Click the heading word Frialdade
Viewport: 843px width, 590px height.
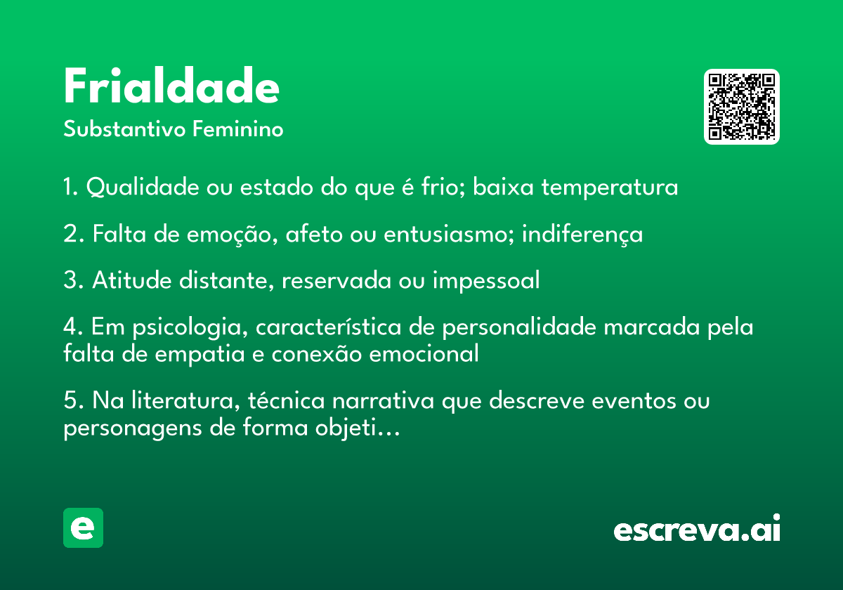point(171,86)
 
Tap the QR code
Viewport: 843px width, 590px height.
point(741,107)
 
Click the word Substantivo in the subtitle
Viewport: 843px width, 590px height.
point(124,129)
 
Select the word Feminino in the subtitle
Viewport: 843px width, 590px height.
point(238,129)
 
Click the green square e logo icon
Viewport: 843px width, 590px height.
point(83,527)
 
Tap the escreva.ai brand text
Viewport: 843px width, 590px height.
point(697,528)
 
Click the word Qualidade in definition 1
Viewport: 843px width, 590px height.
point(143,187)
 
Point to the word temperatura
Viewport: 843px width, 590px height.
point(610,188)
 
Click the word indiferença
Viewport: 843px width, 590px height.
point(582,234)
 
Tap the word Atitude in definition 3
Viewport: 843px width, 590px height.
point(132,280)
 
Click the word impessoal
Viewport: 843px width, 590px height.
point(486,281)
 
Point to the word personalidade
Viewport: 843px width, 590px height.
point(519,327)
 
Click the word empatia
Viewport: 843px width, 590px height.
point(200,354)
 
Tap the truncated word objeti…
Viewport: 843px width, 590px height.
point(358,428)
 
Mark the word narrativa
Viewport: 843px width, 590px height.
point(383,400)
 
